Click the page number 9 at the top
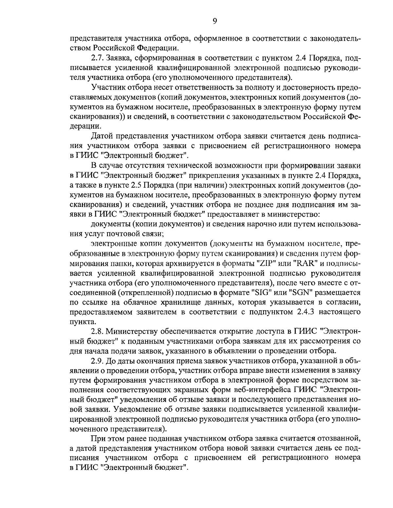click(215, 21)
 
